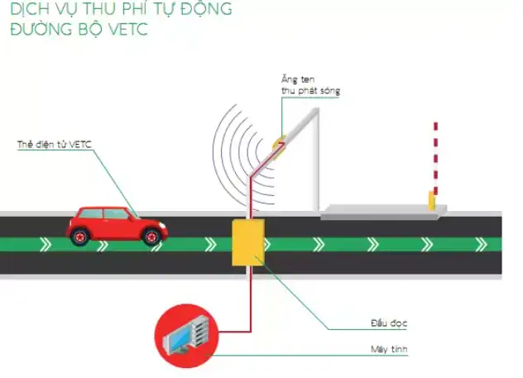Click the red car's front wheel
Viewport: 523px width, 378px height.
pyautogui.click(x=151, y=237)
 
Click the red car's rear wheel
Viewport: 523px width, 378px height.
pyautogui.click(x=80, y=237)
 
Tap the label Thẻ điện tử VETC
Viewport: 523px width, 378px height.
pyautogui.click(x=55, y=145)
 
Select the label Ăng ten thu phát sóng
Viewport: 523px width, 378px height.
pyautogui.click(x=310, y=85)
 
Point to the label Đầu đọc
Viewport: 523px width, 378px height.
pyautogui.click(x=389, y=323)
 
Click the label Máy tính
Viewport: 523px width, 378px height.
pyautogui.click(x=389, y=349)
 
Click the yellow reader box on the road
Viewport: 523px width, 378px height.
pyautogui.click(x=248, y=242)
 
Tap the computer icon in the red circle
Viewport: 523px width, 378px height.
pyautogui.click(x=186, y=335)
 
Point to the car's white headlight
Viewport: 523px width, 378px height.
pyautogui.click(x=163, y=225)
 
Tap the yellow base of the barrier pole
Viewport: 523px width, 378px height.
pyautogui.click(x=432, y=201)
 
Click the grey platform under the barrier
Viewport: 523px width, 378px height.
pyautogui.click(x=384, y=212)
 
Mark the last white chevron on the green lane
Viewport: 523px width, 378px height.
pyautogui.click(x=481, y=245)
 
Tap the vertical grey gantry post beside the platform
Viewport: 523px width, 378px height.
pyautogui.click(x=316, y=160)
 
